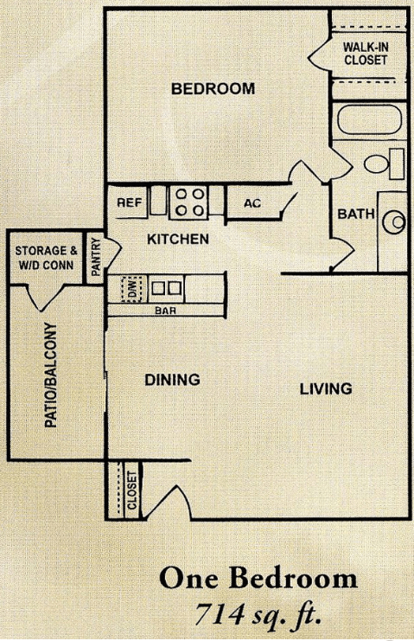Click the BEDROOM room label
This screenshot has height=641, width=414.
point(213,89)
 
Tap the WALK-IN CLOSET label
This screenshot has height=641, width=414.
point(366,54)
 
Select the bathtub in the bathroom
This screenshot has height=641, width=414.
point(370,119)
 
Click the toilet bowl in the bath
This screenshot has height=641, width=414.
point(376,163)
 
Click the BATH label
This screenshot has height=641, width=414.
point(356,214)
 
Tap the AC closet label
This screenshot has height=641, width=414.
point(252,203)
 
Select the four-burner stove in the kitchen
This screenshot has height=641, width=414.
point(188,202)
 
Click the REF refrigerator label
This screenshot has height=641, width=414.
point(130,202)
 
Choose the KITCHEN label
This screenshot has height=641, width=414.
point(178,239)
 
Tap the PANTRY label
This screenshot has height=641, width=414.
point(96,257)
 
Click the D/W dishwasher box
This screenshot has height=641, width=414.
point(132,289)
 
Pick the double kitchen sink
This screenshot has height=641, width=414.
point(167,288)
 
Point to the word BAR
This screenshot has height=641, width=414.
point(166,311)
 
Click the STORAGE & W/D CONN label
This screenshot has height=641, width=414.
point(44,258)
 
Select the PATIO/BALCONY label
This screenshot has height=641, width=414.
point(51,375)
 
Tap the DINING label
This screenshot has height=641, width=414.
point(172,380)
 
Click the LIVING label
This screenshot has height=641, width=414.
point(326,388)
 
